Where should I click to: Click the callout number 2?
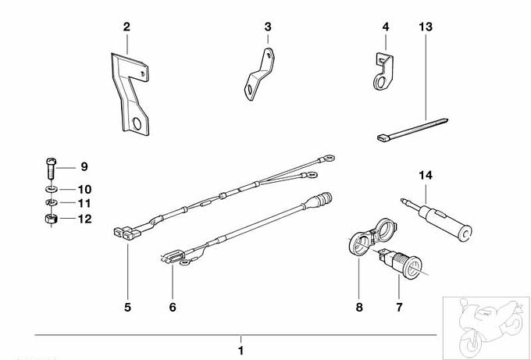[x=127, y=27]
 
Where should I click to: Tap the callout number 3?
[x=268, y=27]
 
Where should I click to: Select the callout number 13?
[x=425, y=27]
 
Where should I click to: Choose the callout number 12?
[x=84, y=219]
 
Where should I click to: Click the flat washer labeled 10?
[x=48, y=189]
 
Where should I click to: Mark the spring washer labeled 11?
[x=48, y=204]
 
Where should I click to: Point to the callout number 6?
[x=173, y=307]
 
